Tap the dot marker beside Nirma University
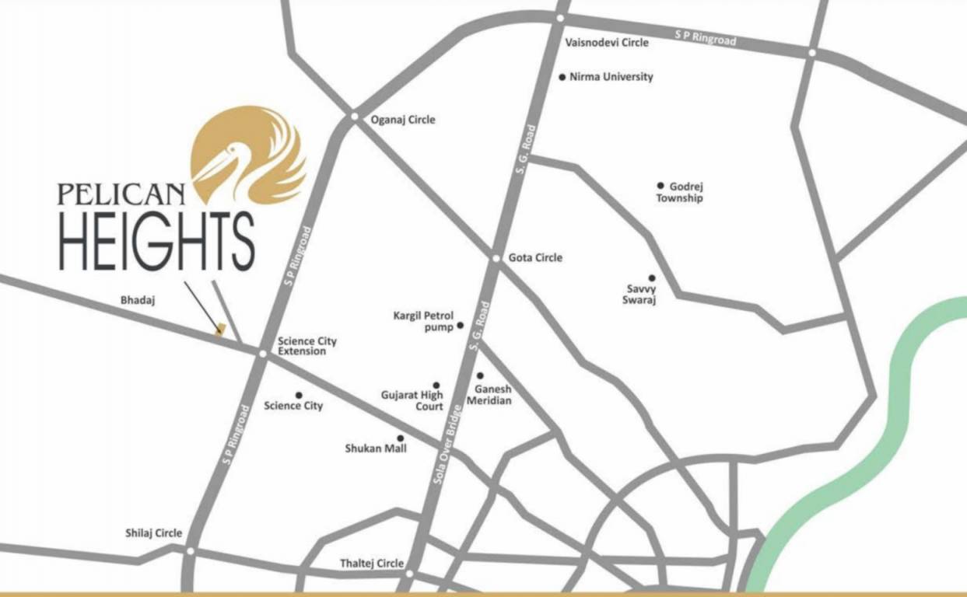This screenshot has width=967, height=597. click(562, 77)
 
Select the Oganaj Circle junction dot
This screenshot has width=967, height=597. click(354, 117)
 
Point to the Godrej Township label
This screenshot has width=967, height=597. click(679, 192)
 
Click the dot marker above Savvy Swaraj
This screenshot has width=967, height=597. click(652, 278)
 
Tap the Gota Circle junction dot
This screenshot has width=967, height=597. click(496, 258)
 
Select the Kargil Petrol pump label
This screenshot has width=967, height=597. click(423, 321)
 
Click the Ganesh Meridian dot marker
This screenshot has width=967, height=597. click(480, 375)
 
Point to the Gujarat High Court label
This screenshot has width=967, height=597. click(412, 400)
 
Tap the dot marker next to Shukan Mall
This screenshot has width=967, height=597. click(401, 438)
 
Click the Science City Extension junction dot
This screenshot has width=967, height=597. click(262, 354)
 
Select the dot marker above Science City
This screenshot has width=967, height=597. click(298, 395)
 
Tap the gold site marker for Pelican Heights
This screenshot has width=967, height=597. click(221, 330)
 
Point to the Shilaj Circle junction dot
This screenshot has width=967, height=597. click(190, 550)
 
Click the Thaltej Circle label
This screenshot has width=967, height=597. click(372, 563)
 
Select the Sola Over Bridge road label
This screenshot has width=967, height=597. click(449, 446)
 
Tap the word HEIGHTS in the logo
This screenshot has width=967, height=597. click(156, 240)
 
